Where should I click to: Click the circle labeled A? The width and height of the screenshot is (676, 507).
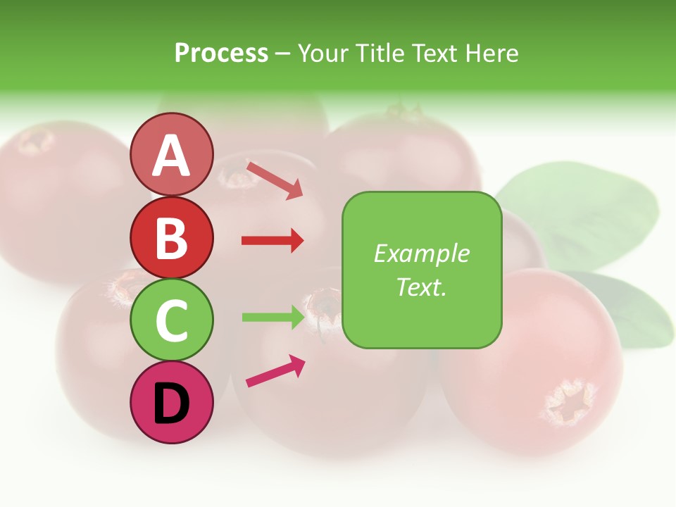(x=171, y=154)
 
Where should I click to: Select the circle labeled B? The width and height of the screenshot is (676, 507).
(x=171, y=238)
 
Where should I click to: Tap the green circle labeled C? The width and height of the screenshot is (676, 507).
(x=171, y=320)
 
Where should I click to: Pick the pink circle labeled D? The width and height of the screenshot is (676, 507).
(x=171, y=403)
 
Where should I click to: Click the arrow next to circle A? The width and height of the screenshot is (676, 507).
(x=275, y=180)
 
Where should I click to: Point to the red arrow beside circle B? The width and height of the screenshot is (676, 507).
(x=273, y=241)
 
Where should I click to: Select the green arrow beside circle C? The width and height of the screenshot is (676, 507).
(x=273, y=317)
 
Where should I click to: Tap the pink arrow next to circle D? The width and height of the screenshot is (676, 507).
(x=275, y=371)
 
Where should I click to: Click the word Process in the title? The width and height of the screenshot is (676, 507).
(x=221, y=54)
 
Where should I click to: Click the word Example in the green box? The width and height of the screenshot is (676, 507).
(x=421, y=254)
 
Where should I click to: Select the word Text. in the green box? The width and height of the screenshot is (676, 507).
(x=421, y=287)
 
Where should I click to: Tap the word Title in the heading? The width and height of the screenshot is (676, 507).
(x=380, y=54)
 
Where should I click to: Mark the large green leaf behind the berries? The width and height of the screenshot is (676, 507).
(x=577, y=211)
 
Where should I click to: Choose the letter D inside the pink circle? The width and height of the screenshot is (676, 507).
(x=171, y=404)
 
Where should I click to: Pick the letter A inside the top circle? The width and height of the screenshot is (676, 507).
(x=171, y=156)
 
